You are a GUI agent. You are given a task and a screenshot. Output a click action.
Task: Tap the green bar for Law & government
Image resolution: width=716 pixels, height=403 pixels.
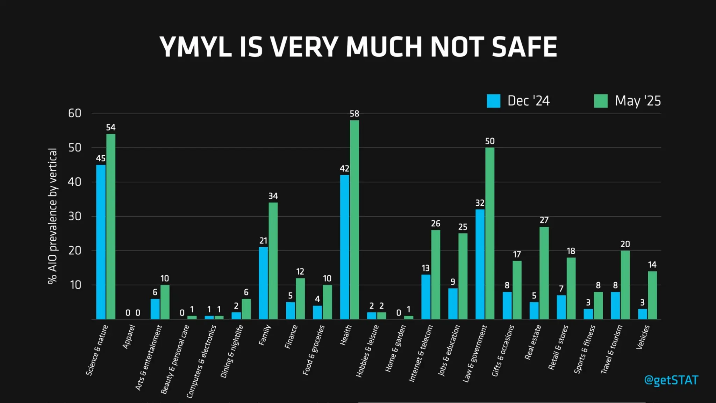pyautogui.click(x=490, y=233)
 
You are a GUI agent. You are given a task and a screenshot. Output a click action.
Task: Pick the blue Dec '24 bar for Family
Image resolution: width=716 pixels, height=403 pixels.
pyautogui.click(x=263, y=283)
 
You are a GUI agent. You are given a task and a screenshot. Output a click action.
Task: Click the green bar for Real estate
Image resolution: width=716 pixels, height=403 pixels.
pyautogui.click(x=544, y=273)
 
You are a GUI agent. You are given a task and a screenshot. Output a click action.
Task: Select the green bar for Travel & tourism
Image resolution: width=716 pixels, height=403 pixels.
pyautogui.click(x=625, y=285)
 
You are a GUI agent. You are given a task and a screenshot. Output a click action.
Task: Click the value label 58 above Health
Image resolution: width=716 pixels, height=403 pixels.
pyautogui.click(x=354, y=114)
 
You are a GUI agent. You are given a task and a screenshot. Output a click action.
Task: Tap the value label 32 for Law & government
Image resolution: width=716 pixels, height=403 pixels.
pyautogui.click(x=480, y=203)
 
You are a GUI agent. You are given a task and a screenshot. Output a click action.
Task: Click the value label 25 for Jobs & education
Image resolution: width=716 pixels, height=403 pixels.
pyautogui.click(x=463, y=227)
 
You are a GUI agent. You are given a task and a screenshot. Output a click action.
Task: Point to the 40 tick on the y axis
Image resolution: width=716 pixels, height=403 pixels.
pyautogui.click(x=74, y=182)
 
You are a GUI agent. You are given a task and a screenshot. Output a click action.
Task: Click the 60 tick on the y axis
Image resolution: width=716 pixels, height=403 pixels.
pyautogui.click(x=74, y=113)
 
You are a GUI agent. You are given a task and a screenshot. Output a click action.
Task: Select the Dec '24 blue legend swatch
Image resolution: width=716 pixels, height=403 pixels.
pyautogui.click(x=493, y=101)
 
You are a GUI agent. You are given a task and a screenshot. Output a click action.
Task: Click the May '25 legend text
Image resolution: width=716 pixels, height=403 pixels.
pyautogui.click(x=638, y=101)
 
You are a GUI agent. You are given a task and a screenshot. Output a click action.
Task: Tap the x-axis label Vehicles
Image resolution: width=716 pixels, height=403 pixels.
pyautogui.click(x=643, y=337)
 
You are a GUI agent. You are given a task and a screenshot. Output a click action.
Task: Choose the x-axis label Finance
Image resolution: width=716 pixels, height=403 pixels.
pyautogui.click(x=291, y=337)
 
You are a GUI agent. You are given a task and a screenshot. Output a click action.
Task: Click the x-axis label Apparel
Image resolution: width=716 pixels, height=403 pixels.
pyautogui.click(x=129, y=337)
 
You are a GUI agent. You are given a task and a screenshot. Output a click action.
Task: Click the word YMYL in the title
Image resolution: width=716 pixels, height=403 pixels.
pyautogui.click(x=196, y=47)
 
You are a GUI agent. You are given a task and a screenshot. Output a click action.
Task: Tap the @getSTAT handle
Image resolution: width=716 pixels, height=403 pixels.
pyautogui.click(x=671, y=380)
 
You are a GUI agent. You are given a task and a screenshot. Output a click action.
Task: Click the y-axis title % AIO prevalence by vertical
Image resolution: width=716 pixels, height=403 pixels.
pyautogui.click(x=52, y=216)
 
